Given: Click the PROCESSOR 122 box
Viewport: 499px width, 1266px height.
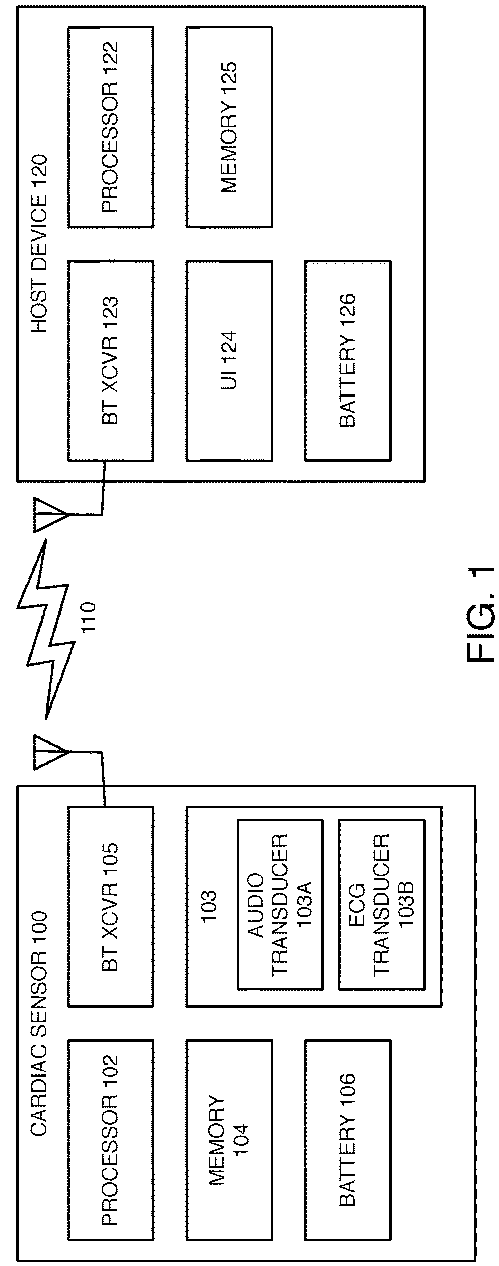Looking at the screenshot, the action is click(x=110, y=127).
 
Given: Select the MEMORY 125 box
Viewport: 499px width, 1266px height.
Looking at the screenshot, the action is click(x=229, y=127).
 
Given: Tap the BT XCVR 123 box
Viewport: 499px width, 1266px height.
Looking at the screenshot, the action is click(x=110, y=360).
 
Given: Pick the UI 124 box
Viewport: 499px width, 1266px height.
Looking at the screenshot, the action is click(x=229, y=360).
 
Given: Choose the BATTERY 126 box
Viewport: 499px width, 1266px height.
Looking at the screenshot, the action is click(x=348, y=360).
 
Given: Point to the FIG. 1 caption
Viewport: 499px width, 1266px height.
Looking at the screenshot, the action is click(x=481, y=614).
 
